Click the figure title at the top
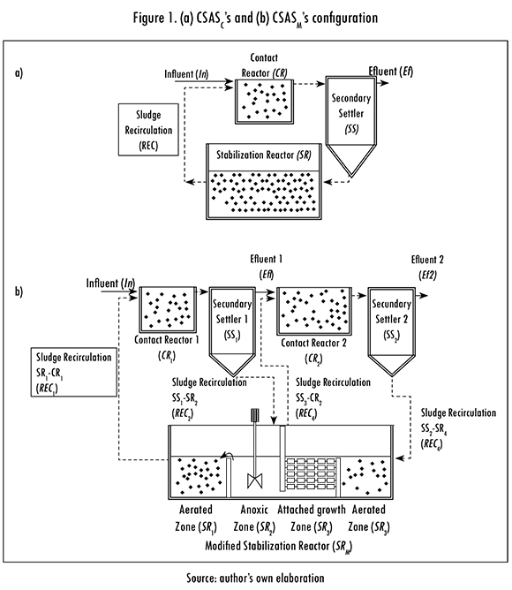pos(255,19)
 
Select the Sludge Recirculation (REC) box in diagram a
pos(148,130)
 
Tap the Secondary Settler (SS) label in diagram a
pos(351,113)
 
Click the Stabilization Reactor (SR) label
pos(263,155)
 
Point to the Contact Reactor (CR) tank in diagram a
pos(264,102)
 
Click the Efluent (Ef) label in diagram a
pos(391,72)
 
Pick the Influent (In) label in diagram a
pos(186,74)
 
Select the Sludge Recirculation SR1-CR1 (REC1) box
pos(74,372)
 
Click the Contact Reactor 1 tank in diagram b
pos(168,310)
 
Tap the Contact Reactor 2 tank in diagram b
pos(314,311)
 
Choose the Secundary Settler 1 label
pos(232,320)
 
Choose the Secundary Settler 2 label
pos(391,320)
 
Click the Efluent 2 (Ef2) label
pos(427,267)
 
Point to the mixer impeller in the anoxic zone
pos(255,481)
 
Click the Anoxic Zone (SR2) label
pos(254,518)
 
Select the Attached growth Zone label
pos(312,518)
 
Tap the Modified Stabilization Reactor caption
pos(278,546)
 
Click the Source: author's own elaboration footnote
pos(255,578)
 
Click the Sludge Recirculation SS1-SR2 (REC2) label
pos(209,398)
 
